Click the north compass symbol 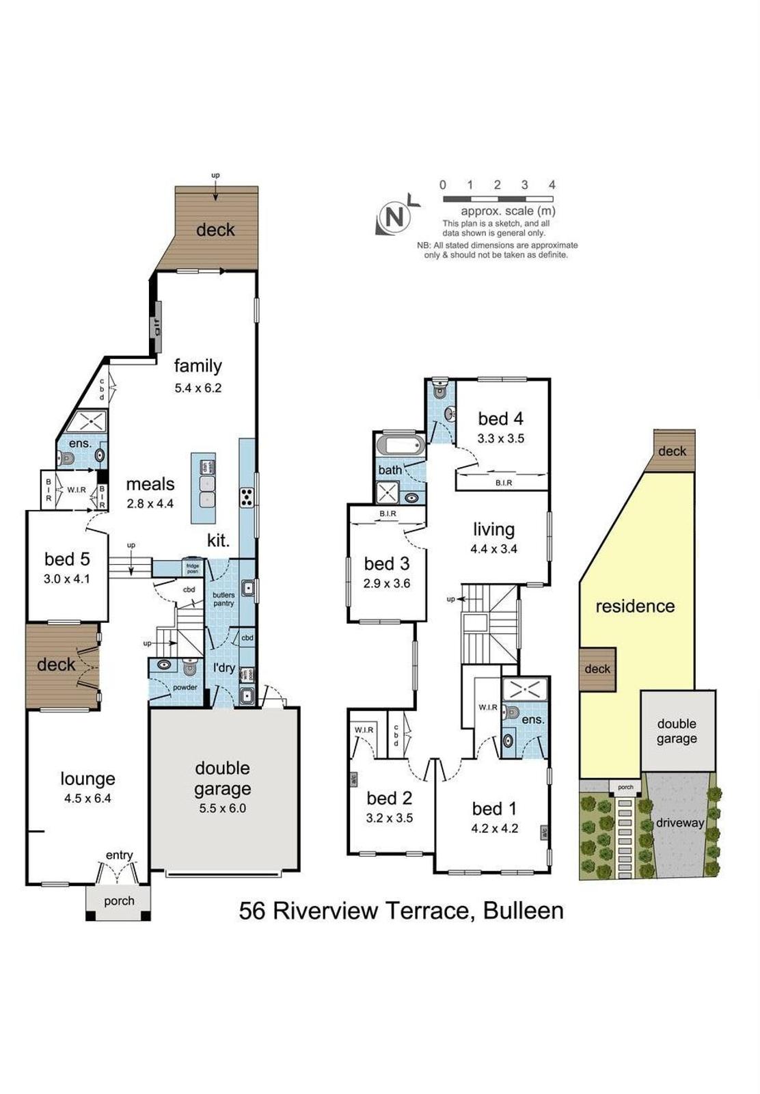click(x=394, y=218)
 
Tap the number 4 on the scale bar click(x=552, y=185)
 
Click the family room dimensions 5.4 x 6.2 click(x=198, y=388)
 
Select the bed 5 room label click(x=67, y=559)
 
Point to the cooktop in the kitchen click(x=247, y=497)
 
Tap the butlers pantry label click(x=223, y=599)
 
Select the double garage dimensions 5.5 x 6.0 click(x=222, y=808)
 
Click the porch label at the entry click(x=119, y=901)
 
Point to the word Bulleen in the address click(x=524, y=911)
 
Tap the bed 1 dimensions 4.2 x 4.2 click(x=495, y=829)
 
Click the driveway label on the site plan click(x=679, y=823)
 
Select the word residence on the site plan click(x=635, y=606)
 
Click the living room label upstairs click(x=493, y=529)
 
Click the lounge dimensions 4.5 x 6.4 click(x=87, y=798)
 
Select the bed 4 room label click(x=500, y=418)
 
